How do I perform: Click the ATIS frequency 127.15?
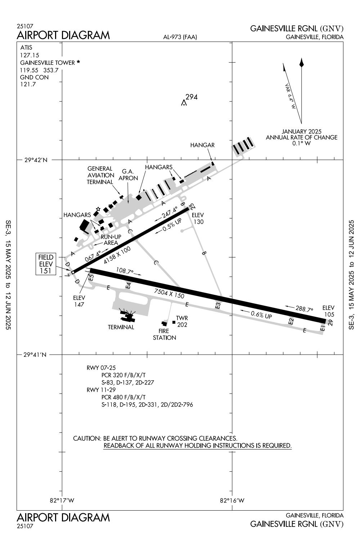pyautogui.click(x=30, y=55)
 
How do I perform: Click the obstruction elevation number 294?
pyautogui.click(x=192, y=97)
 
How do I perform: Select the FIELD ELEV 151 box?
pyautogui.click(x=46, y=264)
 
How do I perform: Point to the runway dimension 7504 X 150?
pyautogui.click(x=169, y=293)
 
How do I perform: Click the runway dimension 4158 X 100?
pyautogui.click(x=117, y=255)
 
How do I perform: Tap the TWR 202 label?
pyautogui.click(x=182, y=322)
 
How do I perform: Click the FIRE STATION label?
pyautogui.click(x=164, y=335)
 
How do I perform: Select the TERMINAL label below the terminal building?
pyautogui.click(x=121, y=327)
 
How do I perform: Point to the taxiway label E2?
pyautogui.click(x=292, y=321)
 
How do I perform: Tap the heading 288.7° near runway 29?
pyautogui.click(x=304, y=309)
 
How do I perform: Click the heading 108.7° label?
pyautogui.click(x=125, y=271)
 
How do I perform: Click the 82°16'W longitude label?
pyautogui.click(x=232, y=501)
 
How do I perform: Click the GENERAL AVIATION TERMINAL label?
pyautogui.click(x=100, y=175)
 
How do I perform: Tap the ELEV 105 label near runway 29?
pyautogui.click(x=328, y=311)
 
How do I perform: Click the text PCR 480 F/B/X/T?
pyautogui.click(x=123, y=397)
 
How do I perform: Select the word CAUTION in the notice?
pyautogui.click(x=86, y=439)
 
